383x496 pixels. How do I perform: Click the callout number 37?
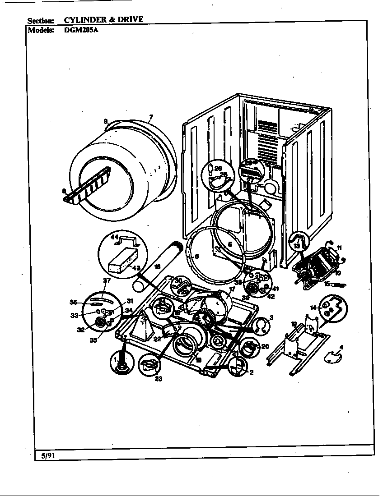click(107, 280)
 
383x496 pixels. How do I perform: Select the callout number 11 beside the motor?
click(339, 248)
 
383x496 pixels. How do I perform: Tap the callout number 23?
click(158, 379)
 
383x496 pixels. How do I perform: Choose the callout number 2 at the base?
click(251, 372)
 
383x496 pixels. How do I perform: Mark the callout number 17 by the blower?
click(232, 289)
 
